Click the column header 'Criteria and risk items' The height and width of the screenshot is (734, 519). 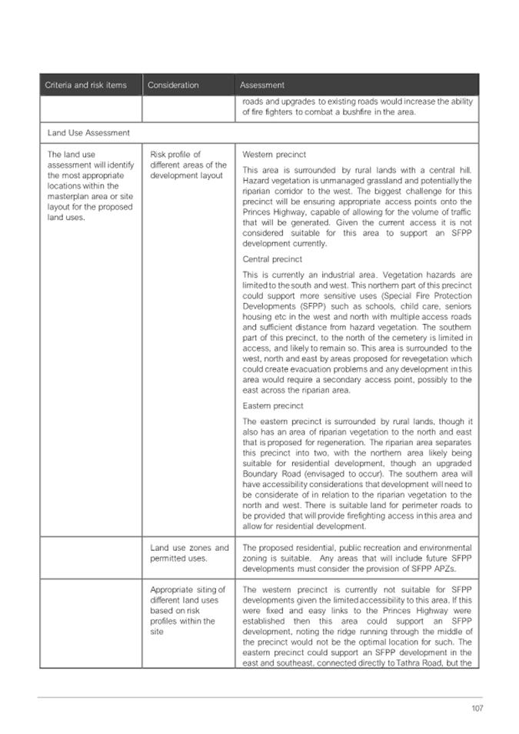pyautogui.click(x=85, y=85)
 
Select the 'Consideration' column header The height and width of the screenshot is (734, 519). pyautogui.click(x=173, y=85)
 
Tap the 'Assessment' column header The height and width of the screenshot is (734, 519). pyautogui.click(x=261, y=85)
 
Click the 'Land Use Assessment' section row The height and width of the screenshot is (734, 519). pyautogui.click(x=88, y=132)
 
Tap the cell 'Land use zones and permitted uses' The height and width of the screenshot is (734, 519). pyautogui.click(x=188, y=553)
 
